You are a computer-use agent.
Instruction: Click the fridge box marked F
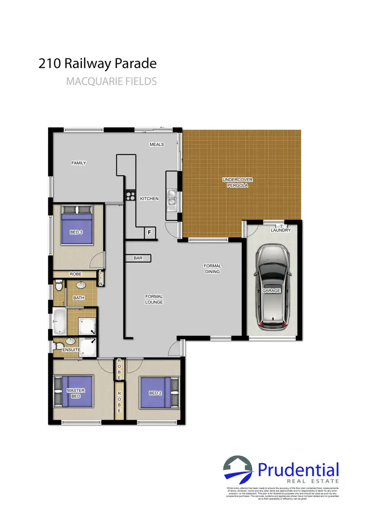149,232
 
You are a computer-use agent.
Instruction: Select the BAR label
138,258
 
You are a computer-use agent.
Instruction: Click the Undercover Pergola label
237,183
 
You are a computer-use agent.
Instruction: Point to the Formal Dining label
212,269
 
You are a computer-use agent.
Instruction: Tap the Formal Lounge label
154,299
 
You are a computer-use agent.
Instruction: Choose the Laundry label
281,230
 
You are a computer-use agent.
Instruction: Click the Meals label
157,144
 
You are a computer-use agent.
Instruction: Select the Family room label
79,163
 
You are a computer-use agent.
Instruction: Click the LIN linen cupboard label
101,278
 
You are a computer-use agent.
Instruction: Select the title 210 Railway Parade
97,63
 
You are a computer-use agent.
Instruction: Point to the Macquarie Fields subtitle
111,82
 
